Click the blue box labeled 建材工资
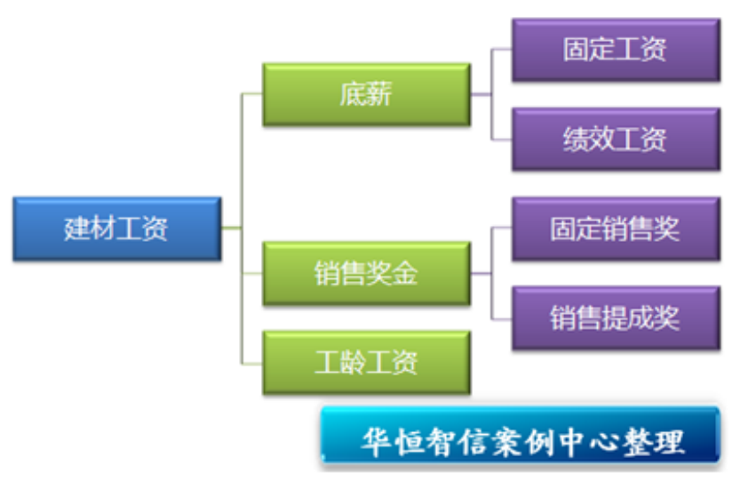click(x=117, y=229)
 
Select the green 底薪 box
click(x=367, y=94)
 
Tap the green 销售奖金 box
click(x=367, y=274)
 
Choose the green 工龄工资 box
click(x=367, y=363)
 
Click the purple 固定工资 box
click(x=616, y=50)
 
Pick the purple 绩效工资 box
click(x=616, y=140)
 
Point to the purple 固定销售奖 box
click(x=616, y=229)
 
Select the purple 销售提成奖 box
click(x=616, y=318)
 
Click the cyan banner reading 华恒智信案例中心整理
click(x=520, y=435)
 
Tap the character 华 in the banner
click(x=377, y=442)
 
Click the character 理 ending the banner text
click(x=669, y=442)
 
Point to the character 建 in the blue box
click(x=77, y=229)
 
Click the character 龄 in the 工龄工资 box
click(x=354, y=363)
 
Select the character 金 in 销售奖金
click(x=405, y=274)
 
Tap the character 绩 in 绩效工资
click(x=576, y=140)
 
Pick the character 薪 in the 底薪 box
click(x=379, y=94)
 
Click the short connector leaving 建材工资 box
click(x=232, y=229)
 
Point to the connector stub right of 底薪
click(x=481, y=94)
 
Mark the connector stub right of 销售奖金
click(x=481, y=274)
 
